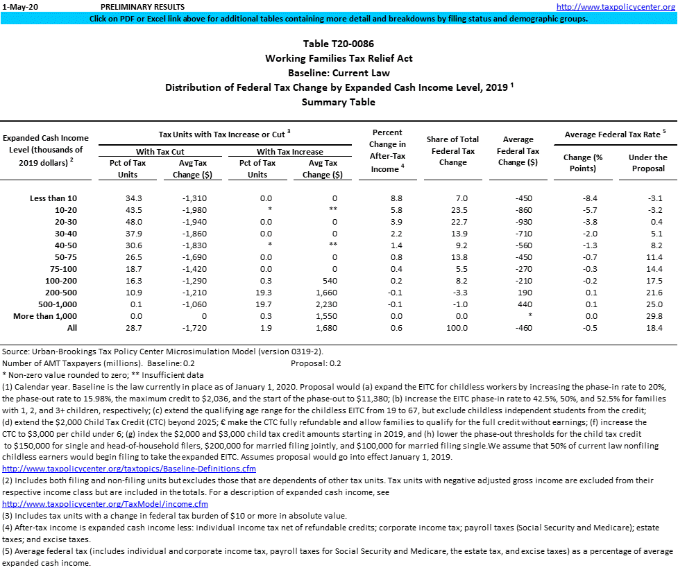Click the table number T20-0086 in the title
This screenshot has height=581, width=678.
click(339, 44)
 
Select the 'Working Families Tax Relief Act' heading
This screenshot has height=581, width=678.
click(339, 58)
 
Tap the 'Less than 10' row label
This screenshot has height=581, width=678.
click(53, 198)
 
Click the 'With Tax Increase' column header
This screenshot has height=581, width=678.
click(290, 151)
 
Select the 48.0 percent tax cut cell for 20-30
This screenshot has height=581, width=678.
click(125, 222)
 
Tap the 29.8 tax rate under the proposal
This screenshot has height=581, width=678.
click(647, 316)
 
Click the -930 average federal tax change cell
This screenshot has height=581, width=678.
click(518, 222)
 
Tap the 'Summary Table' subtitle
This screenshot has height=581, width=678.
click(339, 102)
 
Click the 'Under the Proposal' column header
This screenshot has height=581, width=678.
click(647, 163)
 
